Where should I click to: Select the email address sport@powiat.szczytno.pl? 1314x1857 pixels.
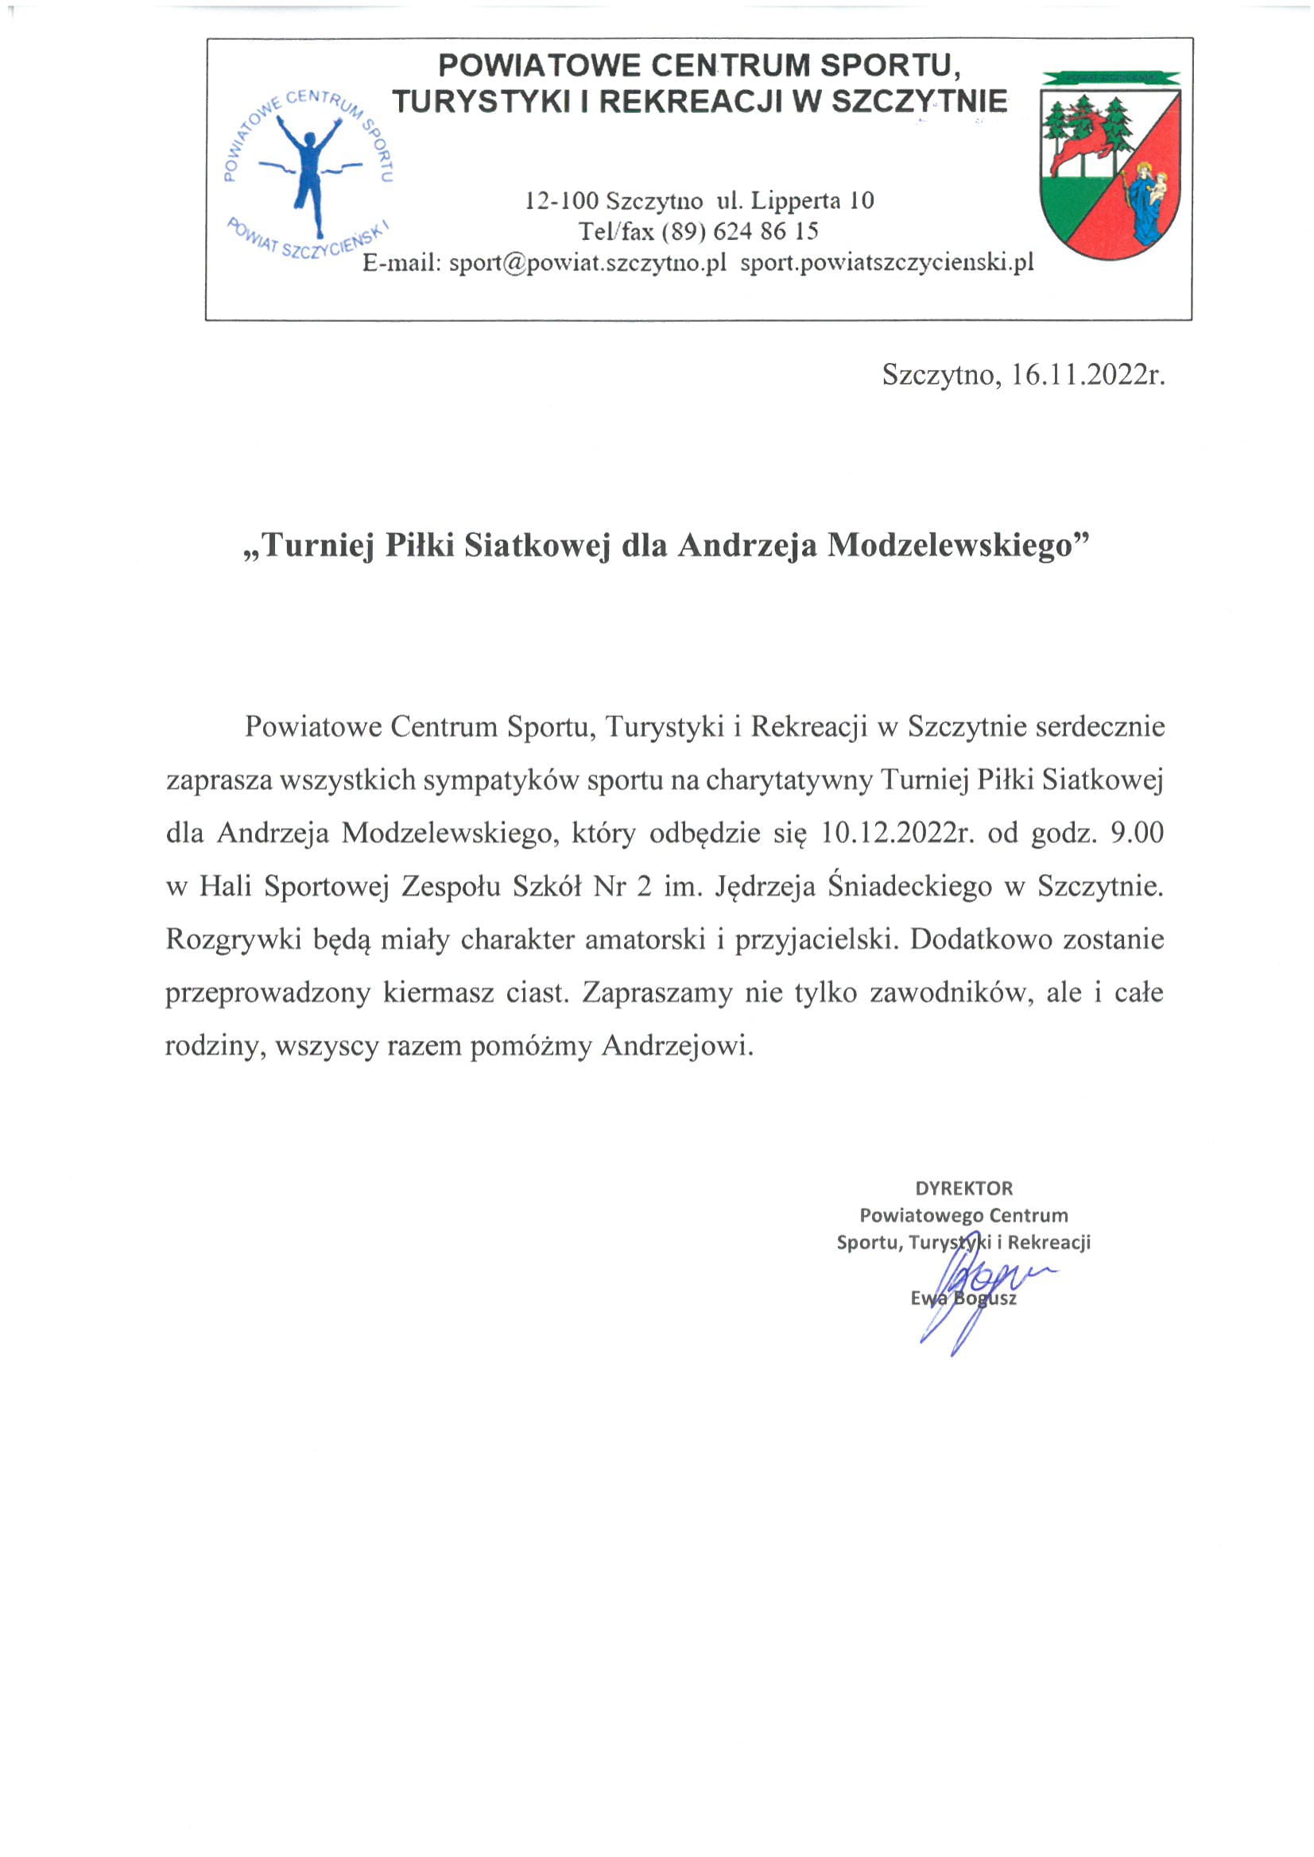pyautogui.click(x=587, y=263)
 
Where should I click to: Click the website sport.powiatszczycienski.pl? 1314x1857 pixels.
pyautogui.click(x=887, y=263)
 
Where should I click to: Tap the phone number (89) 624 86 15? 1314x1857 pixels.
pyautogui.click(x=739, y=231)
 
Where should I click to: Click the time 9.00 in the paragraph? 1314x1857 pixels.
pyautogui.click(x=1137, y=832)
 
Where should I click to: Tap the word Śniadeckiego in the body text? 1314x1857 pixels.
pyautogui.click(x=909, y=886)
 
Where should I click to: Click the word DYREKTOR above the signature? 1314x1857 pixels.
pyautogui.click(x=963, y=1188)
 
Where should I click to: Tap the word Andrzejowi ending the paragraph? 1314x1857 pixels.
pyautogui.click(x=677, y=1046)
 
